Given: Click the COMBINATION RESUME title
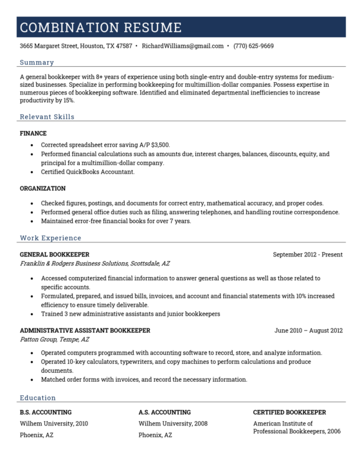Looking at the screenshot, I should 100,28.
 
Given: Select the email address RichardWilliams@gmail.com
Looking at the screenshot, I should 183,46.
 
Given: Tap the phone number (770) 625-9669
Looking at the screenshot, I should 253,46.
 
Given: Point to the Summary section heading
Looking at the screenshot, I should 37,62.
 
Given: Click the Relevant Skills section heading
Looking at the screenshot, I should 47,117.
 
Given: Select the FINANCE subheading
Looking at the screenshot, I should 33,134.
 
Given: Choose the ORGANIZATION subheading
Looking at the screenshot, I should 42,188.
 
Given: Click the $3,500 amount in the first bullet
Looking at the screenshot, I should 166,145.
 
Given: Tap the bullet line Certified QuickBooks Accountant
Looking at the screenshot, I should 87,172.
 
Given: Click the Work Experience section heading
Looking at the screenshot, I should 49,238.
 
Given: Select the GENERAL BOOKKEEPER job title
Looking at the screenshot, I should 55,255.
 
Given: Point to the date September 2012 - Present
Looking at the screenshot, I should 307,255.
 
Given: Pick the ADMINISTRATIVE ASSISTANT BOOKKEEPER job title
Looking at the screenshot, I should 85,330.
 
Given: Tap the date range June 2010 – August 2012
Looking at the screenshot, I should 308,330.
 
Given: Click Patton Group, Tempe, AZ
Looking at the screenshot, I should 55,339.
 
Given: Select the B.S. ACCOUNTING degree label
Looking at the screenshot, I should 46,412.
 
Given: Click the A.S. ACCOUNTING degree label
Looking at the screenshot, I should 165,412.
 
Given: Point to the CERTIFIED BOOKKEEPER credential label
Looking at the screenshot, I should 289,412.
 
